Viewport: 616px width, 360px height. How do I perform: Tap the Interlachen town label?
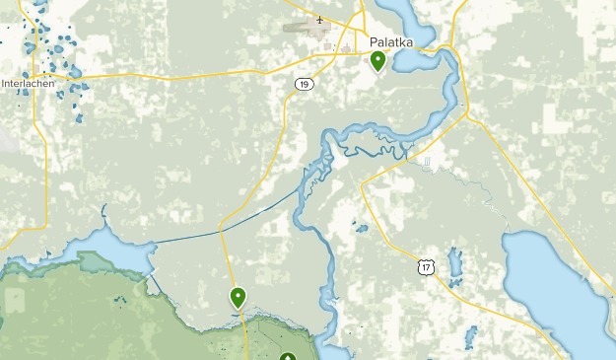pos(30,83)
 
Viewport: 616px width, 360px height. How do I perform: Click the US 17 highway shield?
pos(424,266)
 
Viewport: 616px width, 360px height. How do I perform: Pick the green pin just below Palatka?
pos(377,61)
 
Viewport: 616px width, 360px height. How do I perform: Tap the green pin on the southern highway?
pos(238,296)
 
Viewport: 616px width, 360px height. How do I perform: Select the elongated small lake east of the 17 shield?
pos(454,263)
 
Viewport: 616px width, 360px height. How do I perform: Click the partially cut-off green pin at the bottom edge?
pos(287,357)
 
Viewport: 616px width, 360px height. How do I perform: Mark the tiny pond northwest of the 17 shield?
pos(361,229)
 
